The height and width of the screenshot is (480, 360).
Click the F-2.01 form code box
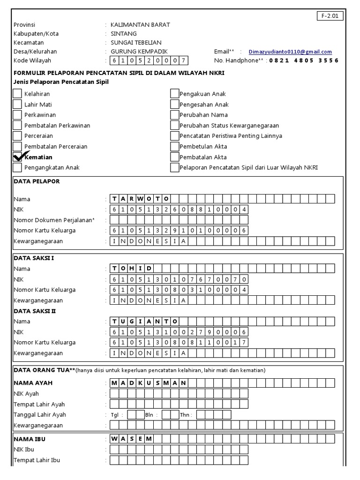coord(331,15)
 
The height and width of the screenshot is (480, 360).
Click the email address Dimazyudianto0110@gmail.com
coord(290,52)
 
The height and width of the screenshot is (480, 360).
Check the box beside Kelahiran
coord(17,94)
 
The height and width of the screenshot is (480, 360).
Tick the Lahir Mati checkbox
coord(17,105)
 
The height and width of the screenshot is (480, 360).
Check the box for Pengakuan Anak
coord(174,94)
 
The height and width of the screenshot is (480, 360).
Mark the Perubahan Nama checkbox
coord(174,115)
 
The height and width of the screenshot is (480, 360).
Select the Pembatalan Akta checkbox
coord(174,157)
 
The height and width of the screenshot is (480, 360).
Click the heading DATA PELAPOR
coord(37,181)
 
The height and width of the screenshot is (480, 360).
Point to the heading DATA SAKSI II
coord(35,311)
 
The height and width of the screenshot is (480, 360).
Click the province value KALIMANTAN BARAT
coord(140,25)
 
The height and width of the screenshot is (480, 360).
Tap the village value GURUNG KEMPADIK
coord(139,52)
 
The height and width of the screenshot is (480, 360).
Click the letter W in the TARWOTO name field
coord(141,199)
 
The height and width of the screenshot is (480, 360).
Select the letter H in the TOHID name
coord(132,269)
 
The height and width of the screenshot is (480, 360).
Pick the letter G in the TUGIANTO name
coord(132,322)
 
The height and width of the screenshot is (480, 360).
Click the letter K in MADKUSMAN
coord(141,383)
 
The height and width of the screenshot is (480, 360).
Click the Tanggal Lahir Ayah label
coord(40,414)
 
